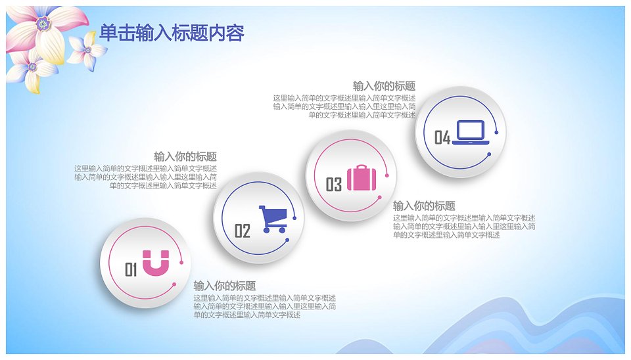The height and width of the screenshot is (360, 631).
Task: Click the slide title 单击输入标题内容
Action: coord(172,33)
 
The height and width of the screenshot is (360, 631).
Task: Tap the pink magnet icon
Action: coord(156,263)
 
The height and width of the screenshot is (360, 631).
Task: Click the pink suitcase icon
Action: coord(362,177)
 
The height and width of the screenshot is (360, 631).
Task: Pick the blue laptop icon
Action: coord(471,132)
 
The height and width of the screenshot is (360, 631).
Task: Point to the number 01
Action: coord(131,269)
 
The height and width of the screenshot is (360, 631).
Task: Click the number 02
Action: coord(243,231)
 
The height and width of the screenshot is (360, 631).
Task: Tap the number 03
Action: coord(334,185)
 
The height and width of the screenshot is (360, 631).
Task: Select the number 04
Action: coord(442,137)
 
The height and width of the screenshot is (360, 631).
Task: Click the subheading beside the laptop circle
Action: coord(385,86)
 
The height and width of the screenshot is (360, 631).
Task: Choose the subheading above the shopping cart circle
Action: coord(185,156)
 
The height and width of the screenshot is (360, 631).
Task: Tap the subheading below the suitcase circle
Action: coord(424,206)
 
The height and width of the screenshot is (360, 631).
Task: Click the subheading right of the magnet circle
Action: coord(225,286)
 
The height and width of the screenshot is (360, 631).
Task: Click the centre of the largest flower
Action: coord(42,24)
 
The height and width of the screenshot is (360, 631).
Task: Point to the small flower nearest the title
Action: coord(87,51)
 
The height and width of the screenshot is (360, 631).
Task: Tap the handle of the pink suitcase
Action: coord(362,166)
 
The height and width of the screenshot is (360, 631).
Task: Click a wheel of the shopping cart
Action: coord(266,230)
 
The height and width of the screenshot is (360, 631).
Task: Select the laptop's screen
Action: coord(471,130)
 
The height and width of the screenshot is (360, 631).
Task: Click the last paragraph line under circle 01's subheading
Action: coord(246,315)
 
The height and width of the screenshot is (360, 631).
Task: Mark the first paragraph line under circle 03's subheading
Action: coord(464,218)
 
